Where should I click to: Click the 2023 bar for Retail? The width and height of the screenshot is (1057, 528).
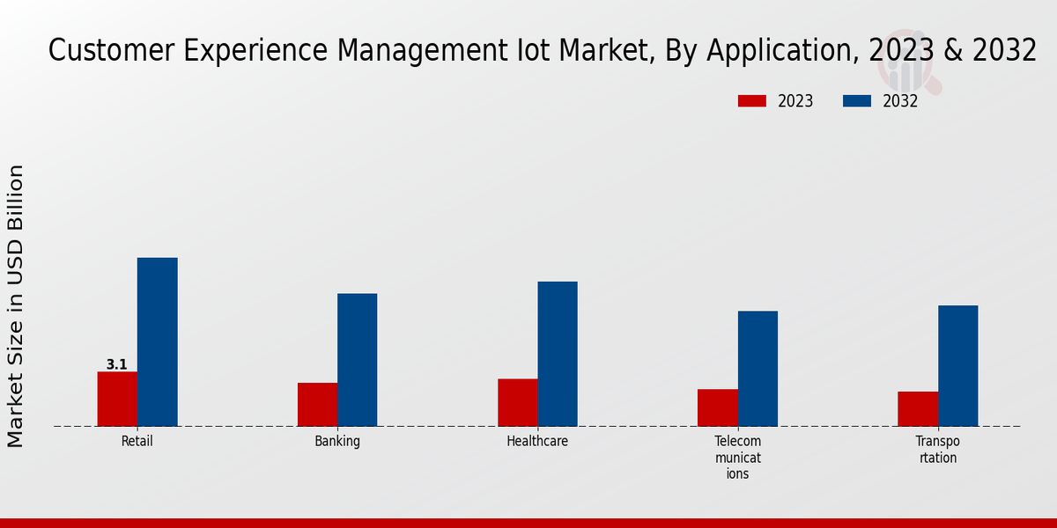point(117,399)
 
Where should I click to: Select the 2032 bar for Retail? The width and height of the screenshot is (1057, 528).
point(157,341)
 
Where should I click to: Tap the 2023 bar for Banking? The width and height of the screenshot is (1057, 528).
point(317,404)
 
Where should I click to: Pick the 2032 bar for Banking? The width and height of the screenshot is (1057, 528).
point(357,359)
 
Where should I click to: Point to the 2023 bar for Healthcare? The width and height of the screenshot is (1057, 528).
point(517,402)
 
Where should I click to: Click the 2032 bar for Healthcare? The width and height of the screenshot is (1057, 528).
point(558,354)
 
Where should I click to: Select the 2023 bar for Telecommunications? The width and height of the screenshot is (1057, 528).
point(718,407)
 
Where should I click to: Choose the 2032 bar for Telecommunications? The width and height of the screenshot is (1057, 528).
point(758,368)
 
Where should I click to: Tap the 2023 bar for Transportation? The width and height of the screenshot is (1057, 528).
point(918,408)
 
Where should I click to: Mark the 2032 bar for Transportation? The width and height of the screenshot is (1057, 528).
point(957,365)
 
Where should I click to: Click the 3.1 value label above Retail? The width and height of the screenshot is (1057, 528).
point(116,364)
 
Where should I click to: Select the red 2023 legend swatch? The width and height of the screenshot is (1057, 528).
point(751,101)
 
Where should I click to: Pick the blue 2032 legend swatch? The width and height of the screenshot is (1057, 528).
point(856,101)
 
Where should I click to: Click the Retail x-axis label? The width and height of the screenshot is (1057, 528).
point(137,442)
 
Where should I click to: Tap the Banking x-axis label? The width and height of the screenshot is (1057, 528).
point(337,442)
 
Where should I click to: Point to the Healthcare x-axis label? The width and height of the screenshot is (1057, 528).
point(537,442)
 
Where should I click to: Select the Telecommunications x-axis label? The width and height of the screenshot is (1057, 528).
point(737,458)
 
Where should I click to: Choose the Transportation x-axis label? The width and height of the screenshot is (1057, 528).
point(937,450)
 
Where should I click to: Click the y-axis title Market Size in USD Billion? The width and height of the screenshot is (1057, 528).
point(17,305)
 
